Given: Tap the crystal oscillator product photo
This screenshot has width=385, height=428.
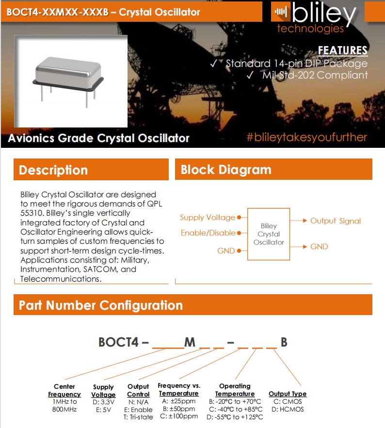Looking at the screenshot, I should point(71,81).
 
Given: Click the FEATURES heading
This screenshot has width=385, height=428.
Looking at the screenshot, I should point(342,51).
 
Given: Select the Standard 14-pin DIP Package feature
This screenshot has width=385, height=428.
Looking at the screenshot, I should point(296,63).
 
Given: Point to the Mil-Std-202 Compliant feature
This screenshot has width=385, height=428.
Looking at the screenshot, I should point(315,75).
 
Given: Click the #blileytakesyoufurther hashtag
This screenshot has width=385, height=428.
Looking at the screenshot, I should point(306,137).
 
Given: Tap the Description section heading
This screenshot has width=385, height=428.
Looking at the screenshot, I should point(53,170).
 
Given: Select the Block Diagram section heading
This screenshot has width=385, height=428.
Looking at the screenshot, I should point(226,170).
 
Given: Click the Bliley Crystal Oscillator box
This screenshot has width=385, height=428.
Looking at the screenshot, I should point(269,234).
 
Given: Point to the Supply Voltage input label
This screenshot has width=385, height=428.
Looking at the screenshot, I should point(208,218).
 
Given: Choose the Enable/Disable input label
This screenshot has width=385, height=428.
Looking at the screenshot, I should point(208,233).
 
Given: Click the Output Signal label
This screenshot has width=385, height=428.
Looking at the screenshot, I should point(336,221).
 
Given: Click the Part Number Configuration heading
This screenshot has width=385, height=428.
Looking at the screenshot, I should point(101,305).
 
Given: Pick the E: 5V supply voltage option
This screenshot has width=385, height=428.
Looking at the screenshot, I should point(103,410).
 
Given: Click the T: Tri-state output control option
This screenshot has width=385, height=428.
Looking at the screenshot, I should point(138,416).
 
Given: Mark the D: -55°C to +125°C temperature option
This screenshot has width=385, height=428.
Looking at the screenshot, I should point(235,417).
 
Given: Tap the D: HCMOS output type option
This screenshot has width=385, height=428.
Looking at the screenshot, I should point(288,409).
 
